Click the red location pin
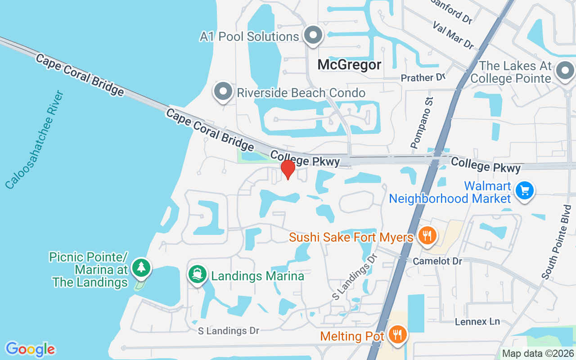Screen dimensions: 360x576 [x=288, y=170]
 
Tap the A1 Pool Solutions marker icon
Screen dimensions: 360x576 [x=313, y=36]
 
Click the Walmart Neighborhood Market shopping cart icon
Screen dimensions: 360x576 [x=524, y=191]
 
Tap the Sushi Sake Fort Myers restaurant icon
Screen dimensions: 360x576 [x=427, y=235]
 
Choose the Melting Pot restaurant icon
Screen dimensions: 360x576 [x=398, y=335]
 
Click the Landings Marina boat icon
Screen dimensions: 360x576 [x=197, y=274]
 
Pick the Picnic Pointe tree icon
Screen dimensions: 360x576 [x=142, y=268]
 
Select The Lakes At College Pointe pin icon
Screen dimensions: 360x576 [x=565, y=71]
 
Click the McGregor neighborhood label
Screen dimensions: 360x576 [x=349, y=65]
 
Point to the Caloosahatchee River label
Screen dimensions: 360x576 [x=35, y=140]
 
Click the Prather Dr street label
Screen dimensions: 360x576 [x=423, y=78]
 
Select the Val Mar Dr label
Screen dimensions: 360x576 [x=453, y=35]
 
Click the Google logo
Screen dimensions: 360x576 [x=30, y=349]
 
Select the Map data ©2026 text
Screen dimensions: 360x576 [x=537, y=353]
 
